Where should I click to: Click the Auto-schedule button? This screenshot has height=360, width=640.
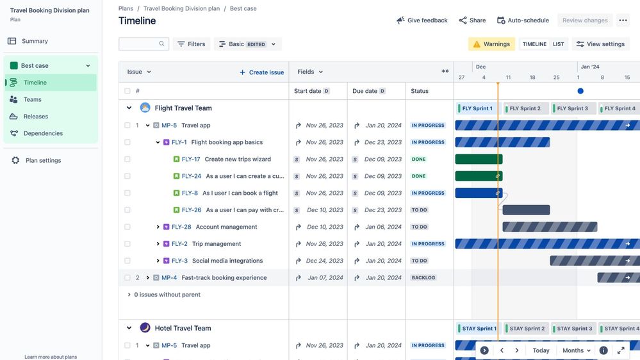click(x=523, y=20)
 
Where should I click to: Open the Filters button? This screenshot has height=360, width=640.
click(x=191, y=44)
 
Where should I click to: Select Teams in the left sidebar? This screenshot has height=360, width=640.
click(x=32, y=100)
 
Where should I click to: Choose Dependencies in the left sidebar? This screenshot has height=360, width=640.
click(x=43, y=134)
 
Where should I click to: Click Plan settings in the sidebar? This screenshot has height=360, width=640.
click(x=43, y=161)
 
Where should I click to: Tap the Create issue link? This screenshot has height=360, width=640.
click(x=261, y=72)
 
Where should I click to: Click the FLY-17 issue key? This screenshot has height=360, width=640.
click(x=191, y=160)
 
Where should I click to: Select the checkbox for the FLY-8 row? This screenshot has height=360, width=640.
click(x=127, y=193)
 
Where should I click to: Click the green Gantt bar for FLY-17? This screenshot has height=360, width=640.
click(x=479, y=160)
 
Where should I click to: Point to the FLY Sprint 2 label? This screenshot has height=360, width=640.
click(x=525, y=109)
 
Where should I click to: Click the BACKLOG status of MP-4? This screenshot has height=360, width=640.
click(x=423, y=278)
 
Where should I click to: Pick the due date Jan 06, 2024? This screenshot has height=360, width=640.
click(x=383, y=227)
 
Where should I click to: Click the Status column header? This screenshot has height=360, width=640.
click(x=420, y=92)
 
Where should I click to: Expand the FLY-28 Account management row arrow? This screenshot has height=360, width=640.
click(x=158, y=227)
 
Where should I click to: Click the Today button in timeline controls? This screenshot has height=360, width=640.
click(x=541, y=351)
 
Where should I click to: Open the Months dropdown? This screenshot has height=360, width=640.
click(x=576, y=351)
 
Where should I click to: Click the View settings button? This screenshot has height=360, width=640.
click(x=600, y=44)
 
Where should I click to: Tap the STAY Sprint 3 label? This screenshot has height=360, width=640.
click(x=574, y=329)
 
